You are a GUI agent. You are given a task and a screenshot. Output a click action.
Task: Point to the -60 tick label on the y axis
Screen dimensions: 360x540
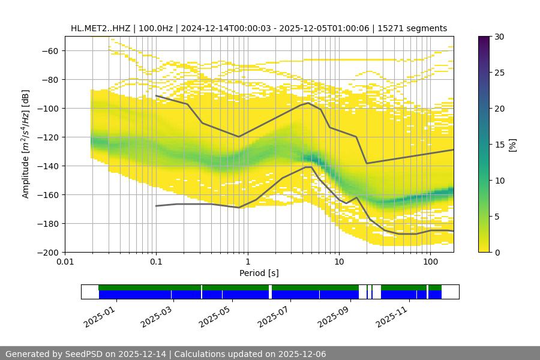coord(49,51)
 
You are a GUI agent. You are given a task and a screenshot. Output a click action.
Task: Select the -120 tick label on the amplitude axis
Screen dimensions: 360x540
coord(47,137)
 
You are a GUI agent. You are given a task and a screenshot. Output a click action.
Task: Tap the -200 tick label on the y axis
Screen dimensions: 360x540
coord(47,253)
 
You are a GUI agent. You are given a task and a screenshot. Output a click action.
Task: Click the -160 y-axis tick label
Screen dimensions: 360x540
coord(47,195)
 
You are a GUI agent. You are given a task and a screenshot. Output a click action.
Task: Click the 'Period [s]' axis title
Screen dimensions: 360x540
coord(259,274)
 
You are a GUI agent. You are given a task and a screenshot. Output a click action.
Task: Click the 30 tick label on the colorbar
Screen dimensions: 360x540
coord(499,37)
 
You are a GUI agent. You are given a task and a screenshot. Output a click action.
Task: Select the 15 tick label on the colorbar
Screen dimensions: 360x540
coord(499,145)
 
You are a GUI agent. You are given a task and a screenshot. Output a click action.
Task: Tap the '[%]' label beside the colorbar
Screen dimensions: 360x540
coord(512,145)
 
